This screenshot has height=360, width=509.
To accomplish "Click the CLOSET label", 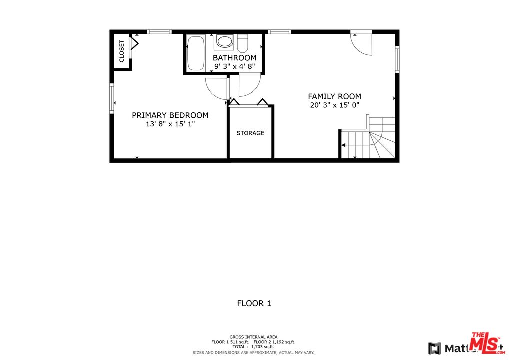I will [121, 51].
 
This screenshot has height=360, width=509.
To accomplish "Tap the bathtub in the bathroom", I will [196, 53].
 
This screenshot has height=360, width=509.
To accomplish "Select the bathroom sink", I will [224, 42].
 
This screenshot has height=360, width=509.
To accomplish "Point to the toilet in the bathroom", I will [243, 44].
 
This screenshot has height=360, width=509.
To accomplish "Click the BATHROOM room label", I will [235, 58].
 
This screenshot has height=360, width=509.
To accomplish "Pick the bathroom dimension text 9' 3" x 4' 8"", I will [235, 66].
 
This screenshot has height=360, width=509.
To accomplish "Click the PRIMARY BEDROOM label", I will [170, 115].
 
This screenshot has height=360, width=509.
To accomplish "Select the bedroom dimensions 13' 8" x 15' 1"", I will [170, 124].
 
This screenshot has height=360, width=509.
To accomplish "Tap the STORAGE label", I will [250, 133].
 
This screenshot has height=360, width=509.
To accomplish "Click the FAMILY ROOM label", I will [334, 96].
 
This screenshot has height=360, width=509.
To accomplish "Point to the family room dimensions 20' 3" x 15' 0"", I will [334, 105].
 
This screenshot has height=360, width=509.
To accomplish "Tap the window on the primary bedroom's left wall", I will [112, 98].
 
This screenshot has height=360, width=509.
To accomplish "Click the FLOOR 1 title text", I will [254, 303].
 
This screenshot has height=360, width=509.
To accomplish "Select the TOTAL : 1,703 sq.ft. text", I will [253, 347].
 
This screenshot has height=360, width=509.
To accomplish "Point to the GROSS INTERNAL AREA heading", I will [253, 337].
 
